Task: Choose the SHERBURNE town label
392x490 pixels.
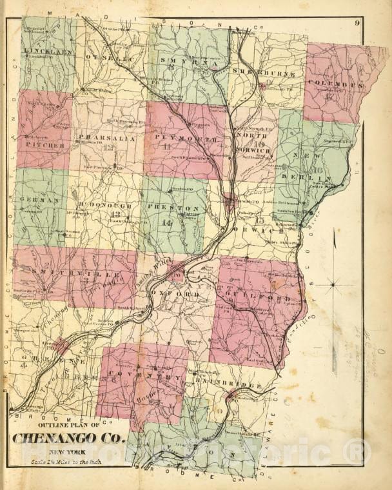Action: click(x=258, y=71)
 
